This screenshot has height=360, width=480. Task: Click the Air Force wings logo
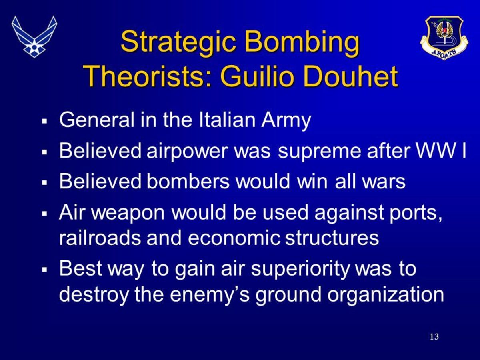34,37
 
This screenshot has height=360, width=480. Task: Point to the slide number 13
434,336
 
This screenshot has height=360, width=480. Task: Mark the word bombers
188,182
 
